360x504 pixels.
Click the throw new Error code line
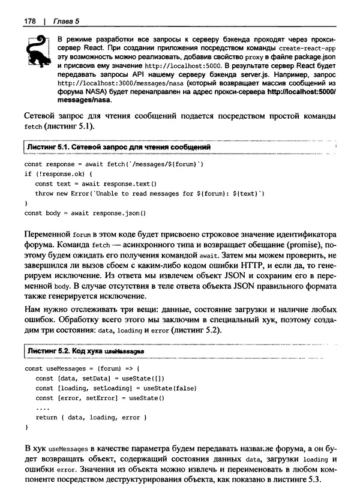tap(150, 194)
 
